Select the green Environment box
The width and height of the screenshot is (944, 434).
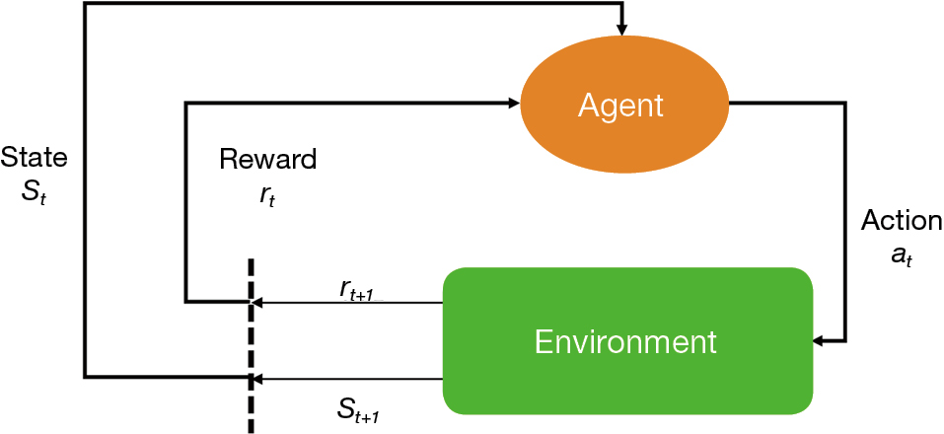point(627,340)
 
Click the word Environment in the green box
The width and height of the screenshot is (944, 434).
point(625,342)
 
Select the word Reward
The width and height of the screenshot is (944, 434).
point(267,159)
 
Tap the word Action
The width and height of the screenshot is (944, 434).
point(901,221)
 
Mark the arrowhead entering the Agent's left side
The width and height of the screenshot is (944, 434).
point(513,103)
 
